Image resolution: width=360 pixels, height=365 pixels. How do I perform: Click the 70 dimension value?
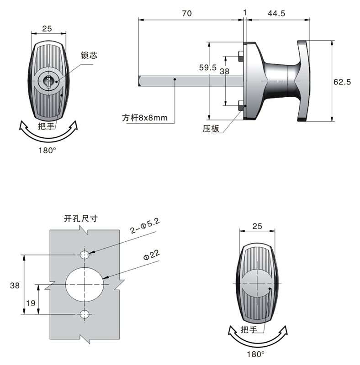[x=186, y=14]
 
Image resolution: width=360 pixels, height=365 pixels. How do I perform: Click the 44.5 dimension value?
[x=276, y=14]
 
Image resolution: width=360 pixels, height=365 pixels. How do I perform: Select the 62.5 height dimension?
[x=342, y=82]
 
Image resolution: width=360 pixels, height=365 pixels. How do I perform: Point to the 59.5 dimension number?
[x=208, y=68]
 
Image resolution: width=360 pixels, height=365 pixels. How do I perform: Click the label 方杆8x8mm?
[x=144, y=118]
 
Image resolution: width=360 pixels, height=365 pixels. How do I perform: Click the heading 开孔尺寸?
[x=81, y=219]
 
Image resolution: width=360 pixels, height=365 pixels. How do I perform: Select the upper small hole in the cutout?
[x=85, y=254]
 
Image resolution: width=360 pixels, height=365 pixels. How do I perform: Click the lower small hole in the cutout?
[x=85, y=314]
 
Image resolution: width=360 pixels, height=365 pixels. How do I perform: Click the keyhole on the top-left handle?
[x=48, y=82]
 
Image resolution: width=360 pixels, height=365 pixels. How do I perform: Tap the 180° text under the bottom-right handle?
[x=256, y=354]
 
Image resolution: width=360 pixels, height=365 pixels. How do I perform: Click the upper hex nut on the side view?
[x=241, y=57]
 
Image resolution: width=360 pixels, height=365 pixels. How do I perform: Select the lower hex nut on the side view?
[x=241, y=107]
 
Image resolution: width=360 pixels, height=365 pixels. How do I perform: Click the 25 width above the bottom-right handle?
[x=257, y=226]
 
